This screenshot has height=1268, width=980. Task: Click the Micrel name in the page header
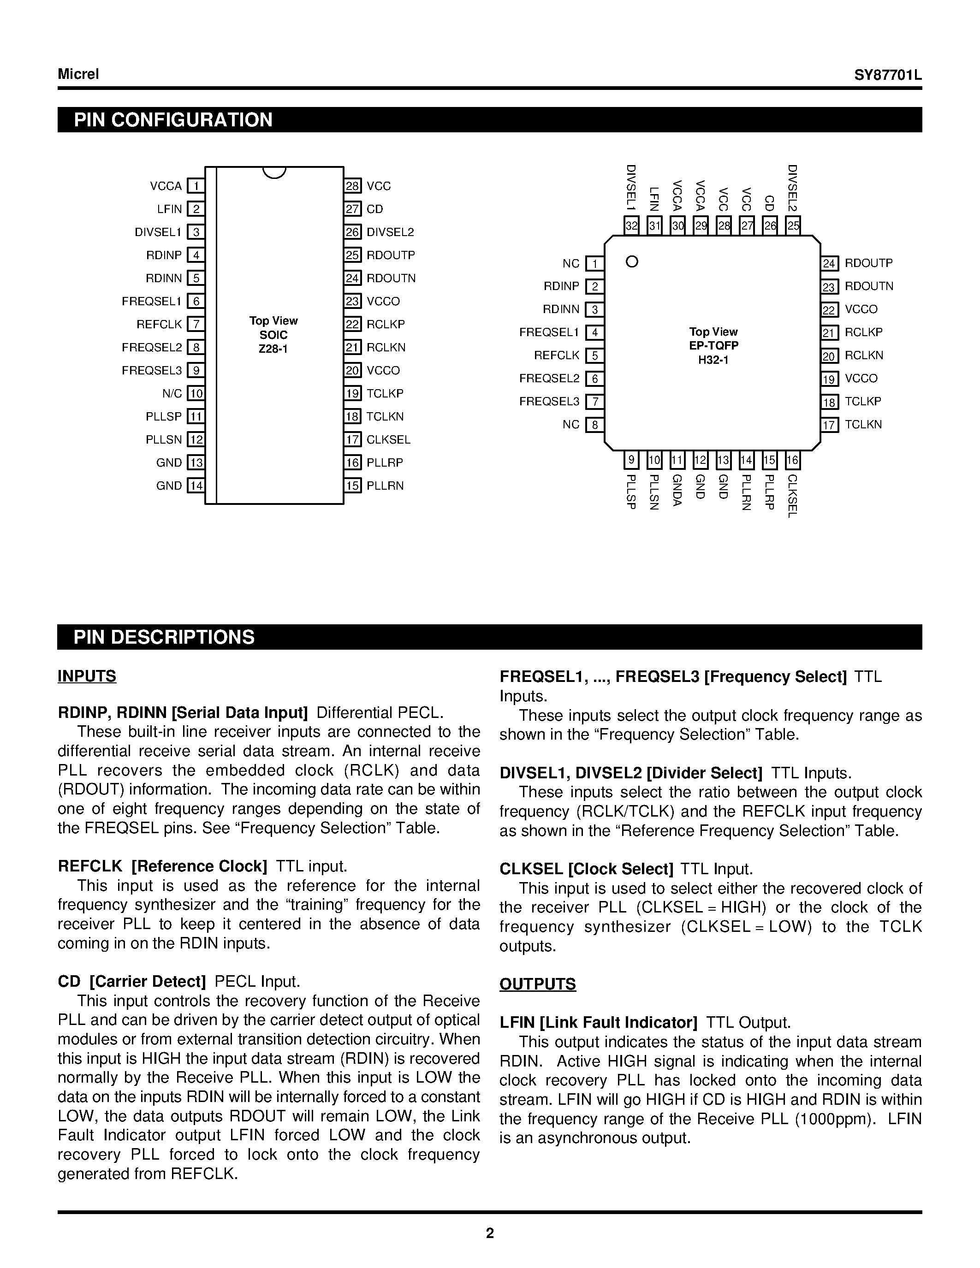click(78, 74)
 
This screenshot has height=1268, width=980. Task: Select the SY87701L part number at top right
click(888, 76)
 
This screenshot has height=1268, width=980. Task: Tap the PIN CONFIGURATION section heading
click(173, 119)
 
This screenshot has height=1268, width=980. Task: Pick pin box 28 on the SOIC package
click(352, 186)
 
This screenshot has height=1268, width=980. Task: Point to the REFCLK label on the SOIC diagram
click(159, 324)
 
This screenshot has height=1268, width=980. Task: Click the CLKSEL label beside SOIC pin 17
click(388, 439)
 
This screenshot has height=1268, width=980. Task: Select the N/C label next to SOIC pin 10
click(172, 394)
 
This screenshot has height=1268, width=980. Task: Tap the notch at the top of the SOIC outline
click(274, 172)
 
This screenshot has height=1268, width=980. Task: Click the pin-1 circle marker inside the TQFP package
click(632, 262)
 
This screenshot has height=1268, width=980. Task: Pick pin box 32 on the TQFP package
click(632, 225)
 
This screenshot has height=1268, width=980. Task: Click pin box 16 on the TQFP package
click(792, 461)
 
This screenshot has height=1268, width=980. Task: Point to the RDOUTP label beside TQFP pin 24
click(868, 263)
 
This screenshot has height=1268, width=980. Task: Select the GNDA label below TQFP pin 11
click(677, 491)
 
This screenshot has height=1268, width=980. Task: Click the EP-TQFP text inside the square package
click(713, 345)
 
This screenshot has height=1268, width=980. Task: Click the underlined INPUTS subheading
click(87, 676)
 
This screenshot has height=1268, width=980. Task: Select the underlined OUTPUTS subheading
click(538, 984)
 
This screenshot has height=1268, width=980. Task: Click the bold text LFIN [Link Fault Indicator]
click(598, 1022)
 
